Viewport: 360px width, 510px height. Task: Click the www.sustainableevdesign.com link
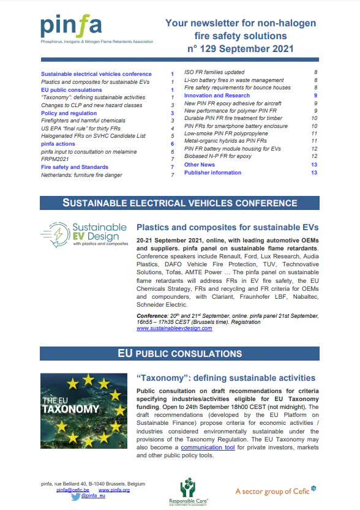[x=174, y=328]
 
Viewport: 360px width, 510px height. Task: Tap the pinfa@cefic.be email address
[x=73, y=490]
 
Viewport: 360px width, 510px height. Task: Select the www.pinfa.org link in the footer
[x=114, y=490]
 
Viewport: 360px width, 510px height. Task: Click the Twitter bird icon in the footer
[x=75, y=497]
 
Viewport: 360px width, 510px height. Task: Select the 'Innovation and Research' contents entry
[x=217, y=96]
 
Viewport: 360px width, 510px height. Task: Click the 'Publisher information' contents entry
[x=212, y=173]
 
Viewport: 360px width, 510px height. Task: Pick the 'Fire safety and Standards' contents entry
[x=75, y=167]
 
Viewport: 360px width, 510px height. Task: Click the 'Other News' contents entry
[x=200, y=165]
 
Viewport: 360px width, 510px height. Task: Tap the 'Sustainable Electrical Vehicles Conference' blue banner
[x=180, y=203]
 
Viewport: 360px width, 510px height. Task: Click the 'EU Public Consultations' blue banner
[x=180, y=353]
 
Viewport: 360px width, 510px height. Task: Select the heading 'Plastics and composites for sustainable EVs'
[x=227, y=227]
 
